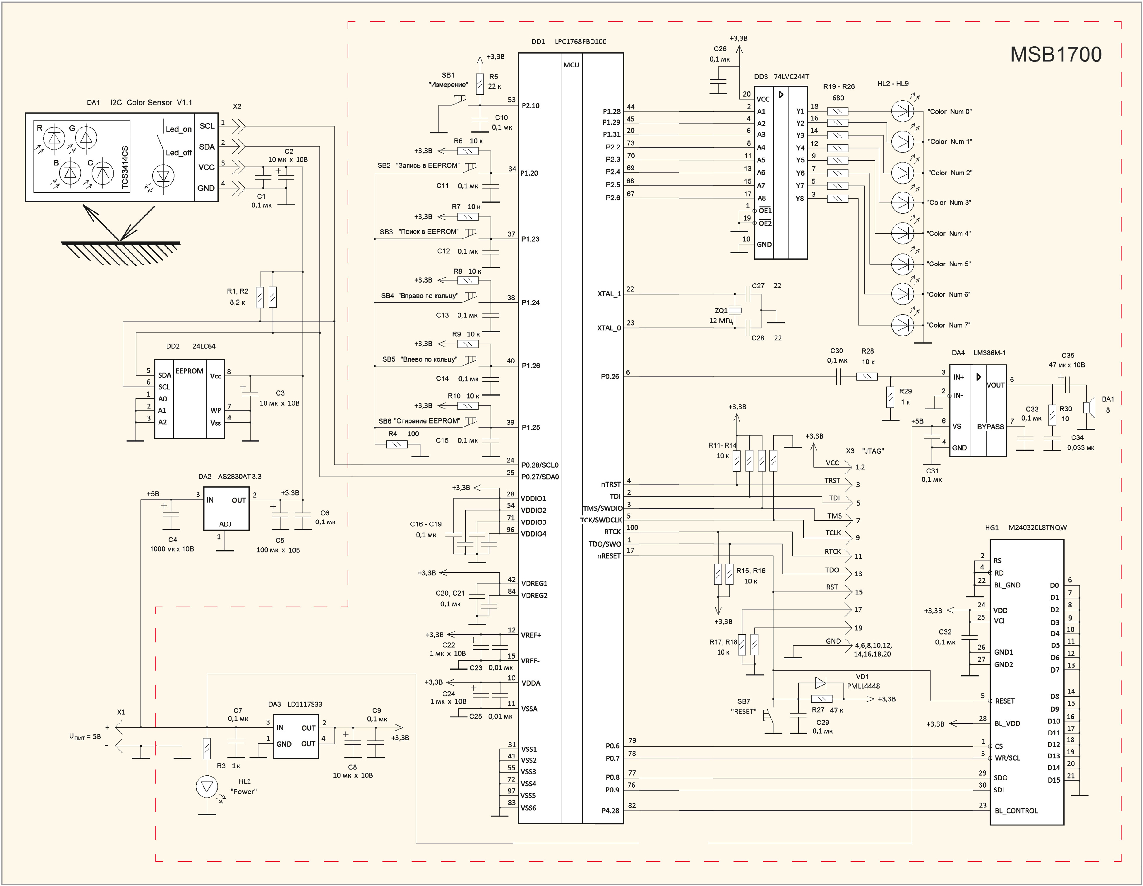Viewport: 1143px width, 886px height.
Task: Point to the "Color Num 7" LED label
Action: click(x=949, y=325)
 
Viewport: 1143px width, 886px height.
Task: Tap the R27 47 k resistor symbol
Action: click(x=821, y=699)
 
